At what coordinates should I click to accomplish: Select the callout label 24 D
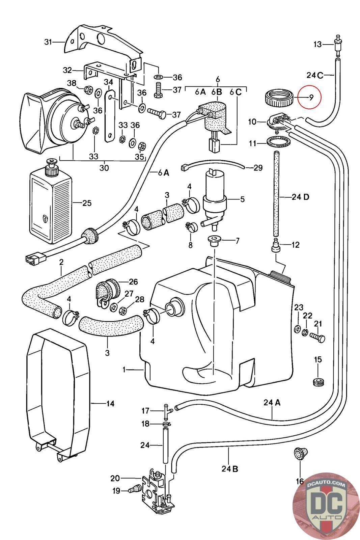300,197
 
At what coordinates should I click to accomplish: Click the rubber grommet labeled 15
318,382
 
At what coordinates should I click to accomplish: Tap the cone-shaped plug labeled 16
299,452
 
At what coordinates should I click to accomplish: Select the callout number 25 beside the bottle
87,203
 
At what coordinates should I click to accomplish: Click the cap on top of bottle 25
51,167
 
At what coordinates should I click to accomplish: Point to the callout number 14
110,403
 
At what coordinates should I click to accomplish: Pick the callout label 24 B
230,469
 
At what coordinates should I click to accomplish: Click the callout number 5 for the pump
242,199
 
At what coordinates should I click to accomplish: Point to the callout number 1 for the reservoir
124,370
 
